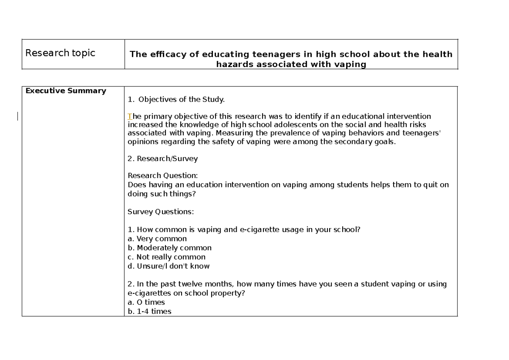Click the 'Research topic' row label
60,53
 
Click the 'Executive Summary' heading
66,91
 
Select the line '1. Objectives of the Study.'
176,100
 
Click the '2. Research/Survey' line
162,159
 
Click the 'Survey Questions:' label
161,211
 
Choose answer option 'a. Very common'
157,239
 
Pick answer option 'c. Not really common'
166,257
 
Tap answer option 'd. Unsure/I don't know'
168,266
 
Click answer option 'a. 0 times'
146,302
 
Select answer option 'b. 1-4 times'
149,311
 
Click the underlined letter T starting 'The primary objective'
130,116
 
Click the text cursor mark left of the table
17,116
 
